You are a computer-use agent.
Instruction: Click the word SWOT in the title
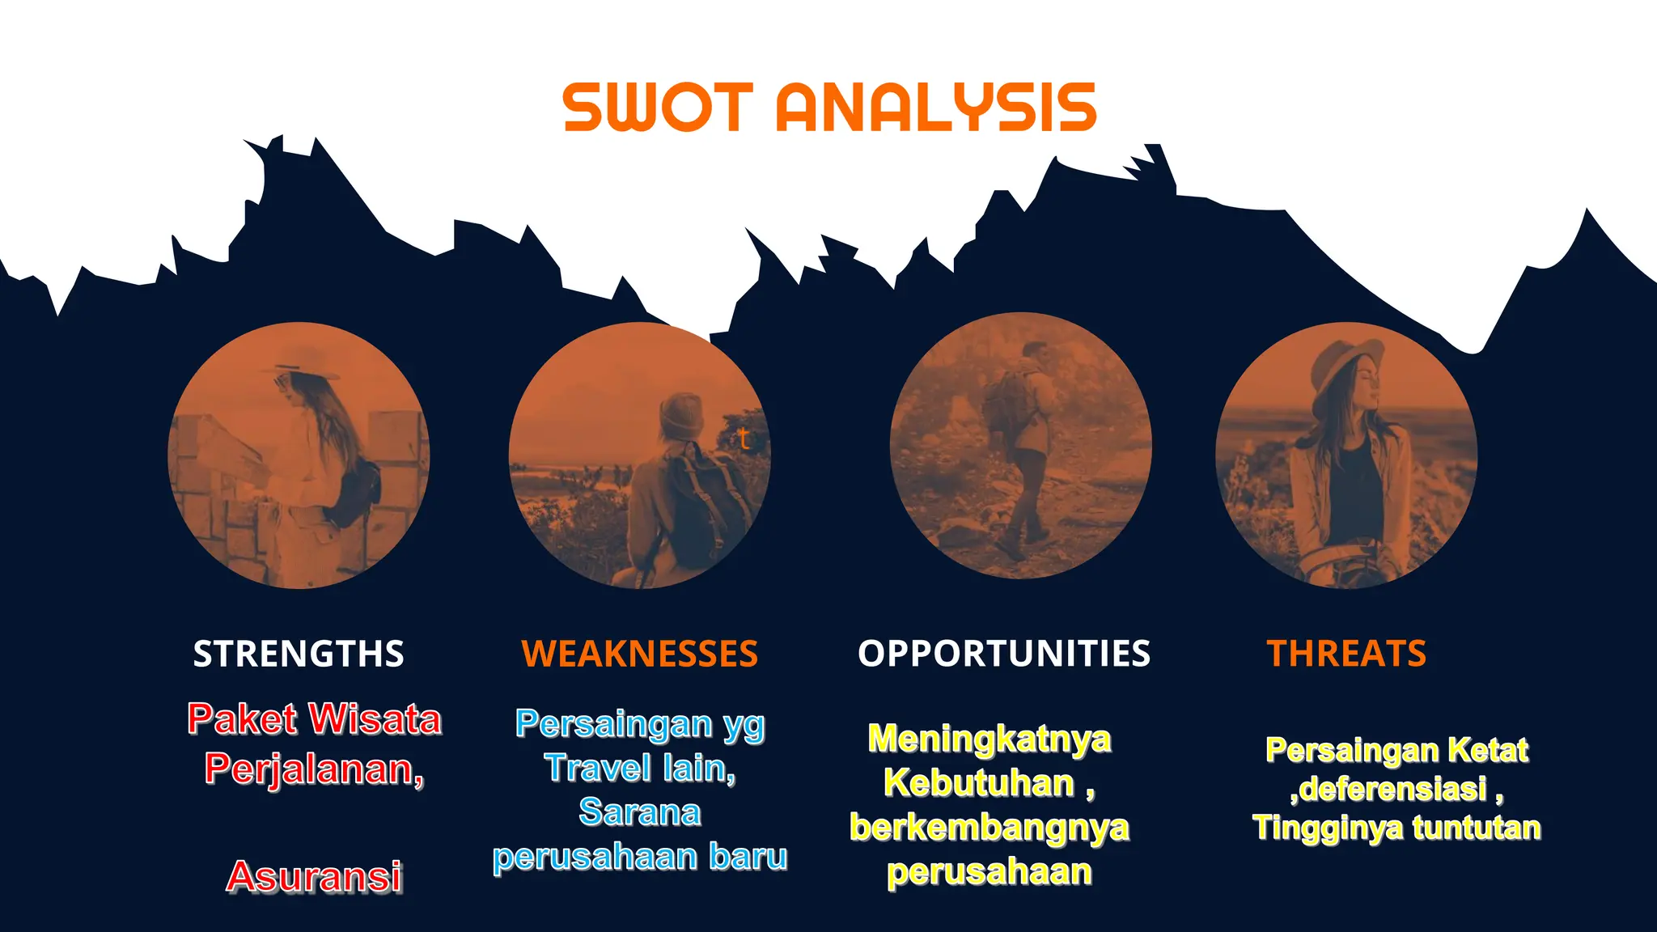click(658, 107)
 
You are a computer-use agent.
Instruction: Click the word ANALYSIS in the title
click(936, 107)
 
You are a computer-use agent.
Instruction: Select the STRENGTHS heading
click(299, 654)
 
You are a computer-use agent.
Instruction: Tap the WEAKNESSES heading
click(639, 654)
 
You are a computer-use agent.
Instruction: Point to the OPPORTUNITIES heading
click(1003, 654)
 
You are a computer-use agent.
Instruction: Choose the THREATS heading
click(1346, 654)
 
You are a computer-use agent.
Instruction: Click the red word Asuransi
click(314, 877)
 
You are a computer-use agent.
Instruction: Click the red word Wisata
click(375, 719)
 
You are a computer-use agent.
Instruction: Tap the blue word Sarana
click(639, 812)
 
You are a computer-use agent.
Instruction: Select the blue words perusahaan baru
click(639, 857)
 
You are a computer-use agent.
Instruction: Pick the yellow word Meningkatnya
click(989, 739)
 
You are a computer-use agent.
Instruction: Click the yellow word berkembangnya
click(989, 828)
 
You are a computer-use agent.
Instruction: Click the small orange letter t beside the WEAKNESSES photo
click(744, 439)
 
